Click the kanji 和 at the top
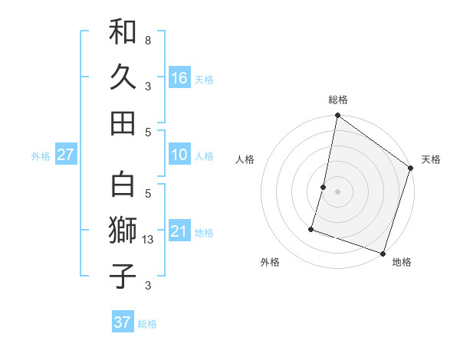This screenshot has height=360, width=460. click(x=123, y=31)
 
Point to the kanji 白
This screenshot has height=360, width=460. click(x=123, y=185)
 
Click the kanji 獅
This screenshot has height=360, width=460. click(x=123, y=230)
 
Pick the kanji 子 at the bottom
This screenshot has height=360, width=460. click(x=123, y=275)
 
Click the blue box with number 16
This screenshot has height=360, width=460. click(x=179, y=78)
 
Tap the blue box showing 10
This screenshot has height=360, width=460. click(x=179, y=155)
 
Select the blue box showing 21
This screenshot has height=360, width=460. click(x=179, y=231)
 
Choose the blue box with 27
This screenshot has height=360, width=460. click(x=65, y=155)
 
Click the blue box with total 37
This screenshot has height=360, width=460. click(x=122, y=322)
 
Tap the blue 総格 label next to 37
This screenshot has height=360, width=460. click(x=147, y=324)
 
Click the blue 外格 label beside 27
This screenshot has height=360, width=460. click(x=41, y=156)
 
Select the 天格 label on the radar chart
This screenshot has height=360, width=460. click(x=431, y=159)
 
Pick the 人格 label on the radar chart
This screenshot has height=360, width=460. click(x=245, y=159)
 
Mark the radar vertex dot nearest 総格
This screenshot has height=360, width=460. click(x=337, y=116)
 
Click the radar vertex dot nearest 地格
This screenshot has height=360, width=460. click(x=383, y=252)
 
